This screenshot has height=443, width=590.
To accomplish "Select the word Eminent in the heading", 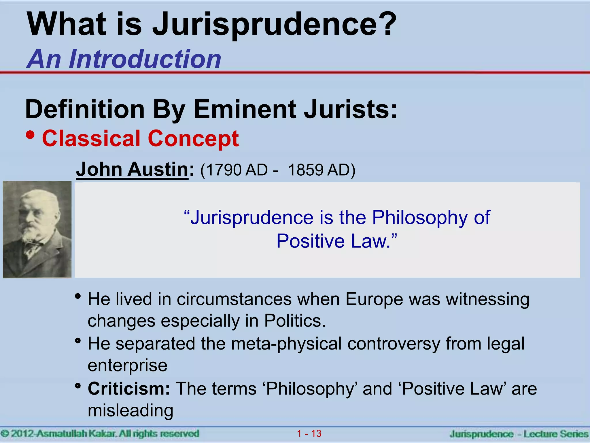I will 245,110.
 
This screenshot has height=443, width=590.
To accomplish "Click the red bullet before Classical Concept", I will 30,135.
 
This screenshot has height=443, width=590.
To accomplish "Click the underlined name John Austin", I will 132,169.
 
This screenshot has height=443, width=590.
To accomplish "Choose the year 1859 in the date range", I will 305,170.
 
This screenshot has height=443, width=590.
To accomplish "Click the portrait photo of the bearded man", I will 37,230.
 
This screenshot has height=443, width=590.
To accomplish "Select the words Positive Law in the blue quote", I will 333,241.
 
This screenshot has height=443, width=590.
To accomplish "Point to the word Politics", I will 294,321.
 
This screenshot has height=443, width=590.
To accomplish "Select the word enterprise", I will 127,365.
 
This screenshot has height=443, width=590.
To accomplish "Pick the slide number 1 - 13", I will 309,433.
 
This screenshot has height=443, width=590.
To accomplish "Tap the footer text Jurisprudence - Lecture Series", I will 519,434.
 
